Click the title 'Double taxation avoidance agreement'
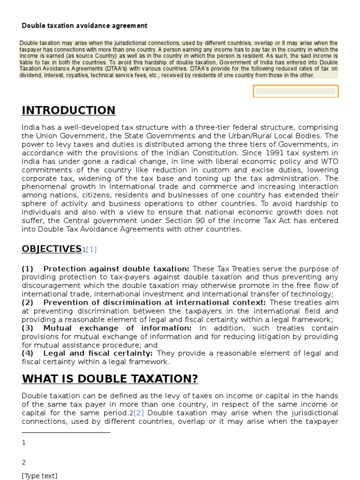click(84, 26)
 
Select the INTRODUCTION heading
click(68, 110)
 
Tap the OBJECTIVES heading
click(52, 249)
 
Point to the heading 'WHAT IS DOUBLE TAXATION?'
click(110, 379)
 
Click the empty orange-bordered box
click(295, 91)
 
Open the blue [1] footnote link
click(91, 250)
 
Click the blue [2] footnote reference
click(139, 413)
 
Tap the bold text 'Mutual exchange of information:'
click(117, 328)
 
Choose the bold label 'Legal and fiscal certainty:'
click(99, 353)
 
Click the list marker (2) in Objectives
click(27, 303)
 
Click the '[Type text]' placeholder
click(39, 476)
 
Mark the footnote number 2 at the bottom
click(24, 462)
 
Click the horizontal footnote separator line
click(66, 432)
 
